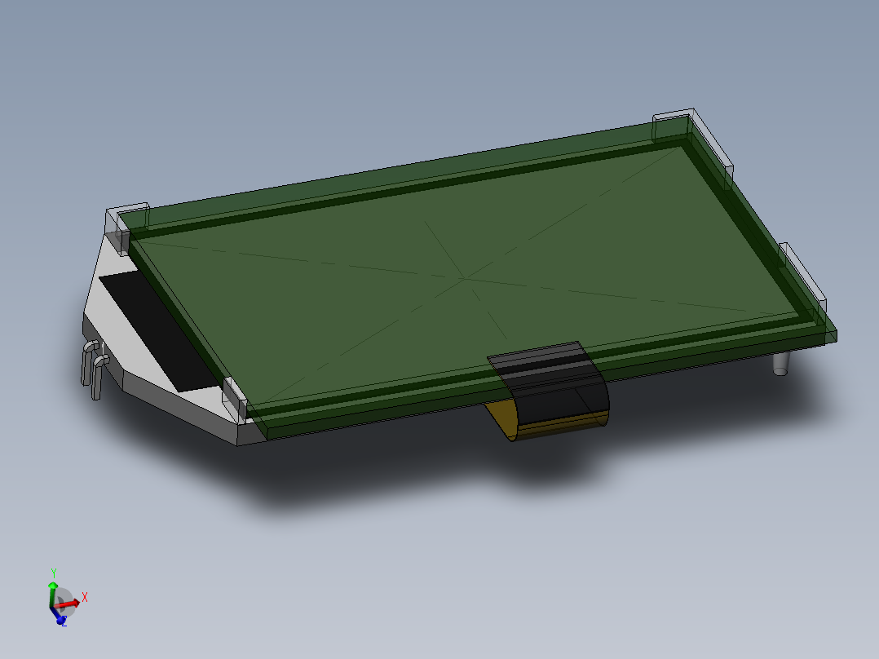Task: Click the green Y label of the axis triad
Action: [54, 573]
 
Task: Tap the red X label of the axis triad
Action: [84, 597]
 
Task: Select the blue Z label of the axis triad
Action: [64, 624]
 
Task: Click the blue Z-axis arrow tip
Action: [60, 618]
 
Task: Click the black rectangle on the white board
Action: [155, 330]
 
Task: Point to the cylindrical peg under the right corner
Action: [782, 364]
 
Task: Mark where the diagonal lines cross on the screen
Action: [464, 278]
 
